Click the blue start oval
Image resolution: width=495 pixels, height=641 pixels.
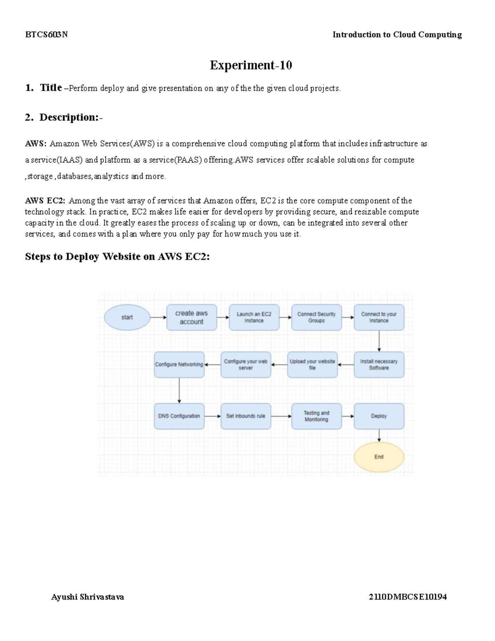pos(127,317)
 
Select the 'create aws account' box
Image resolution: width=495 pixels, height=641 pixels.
pos(191,317)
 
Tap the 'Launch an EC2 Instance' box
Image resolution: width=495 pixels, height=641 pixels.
pos(254,317)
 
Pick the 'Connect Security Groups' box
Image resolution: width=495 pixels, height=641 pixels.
pos(316,317)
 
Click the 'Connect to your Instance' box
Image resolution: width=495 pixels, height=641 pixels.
pos(379,317)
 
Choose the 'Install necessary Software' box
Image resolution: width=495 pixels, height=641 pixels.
pos(379,364)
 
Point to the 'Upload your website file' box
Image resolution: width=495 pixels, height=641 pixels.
pos(312,364)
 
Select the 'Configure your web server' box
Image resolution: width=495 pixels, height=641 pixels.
pos(246,364)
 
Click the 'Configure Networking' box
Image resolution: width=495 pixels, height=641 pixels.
pos(179,364)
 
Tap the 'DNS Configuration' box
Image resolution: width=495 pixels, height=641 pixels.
pos(179,416)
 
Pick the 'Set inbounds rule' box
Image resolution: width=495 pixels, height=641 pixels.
pos(246,416)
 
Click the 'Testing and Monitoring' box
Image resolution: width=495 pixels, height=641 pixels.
pos(316,416)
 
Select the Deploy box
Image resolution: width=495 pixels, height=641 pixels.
pos(379,416)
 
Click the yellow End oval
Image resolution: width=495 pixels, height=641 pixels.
pos(379,457)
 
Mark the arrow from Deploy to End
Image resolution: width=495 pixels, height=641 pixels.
pos(379,436)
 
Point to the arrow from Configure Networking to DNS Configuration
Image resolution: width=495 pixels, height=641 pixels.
pos(179,390)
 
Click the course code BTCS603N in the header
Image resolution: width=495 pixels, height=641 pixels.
pos(46,35)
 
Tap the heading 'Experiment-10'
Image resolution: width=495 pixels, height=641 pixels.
pos(251,65)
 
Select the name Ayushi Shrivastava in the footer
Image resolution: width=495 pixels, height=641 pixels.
pos(87,597)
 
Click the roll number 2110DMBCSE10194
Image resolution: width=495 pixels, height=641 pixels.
pos(408,597)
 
